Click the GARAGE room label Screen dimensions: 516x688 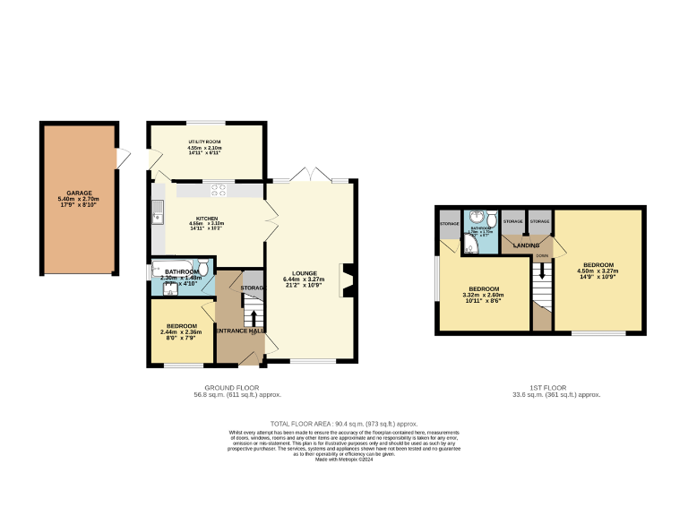(78, 193)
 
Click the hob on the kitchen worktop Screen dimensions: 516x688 (219, 189)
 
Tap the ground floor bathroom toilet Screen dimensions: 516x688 (203, 267)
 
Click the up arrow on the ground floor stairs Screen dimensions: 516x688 (253, 320)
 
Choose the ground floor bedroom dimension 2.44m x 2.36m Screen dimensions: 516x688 (181, 332)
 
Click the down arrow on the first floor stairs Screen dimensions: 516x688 (542, 269)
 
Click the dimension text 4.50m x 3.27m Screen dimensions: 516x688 (598, 272)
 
